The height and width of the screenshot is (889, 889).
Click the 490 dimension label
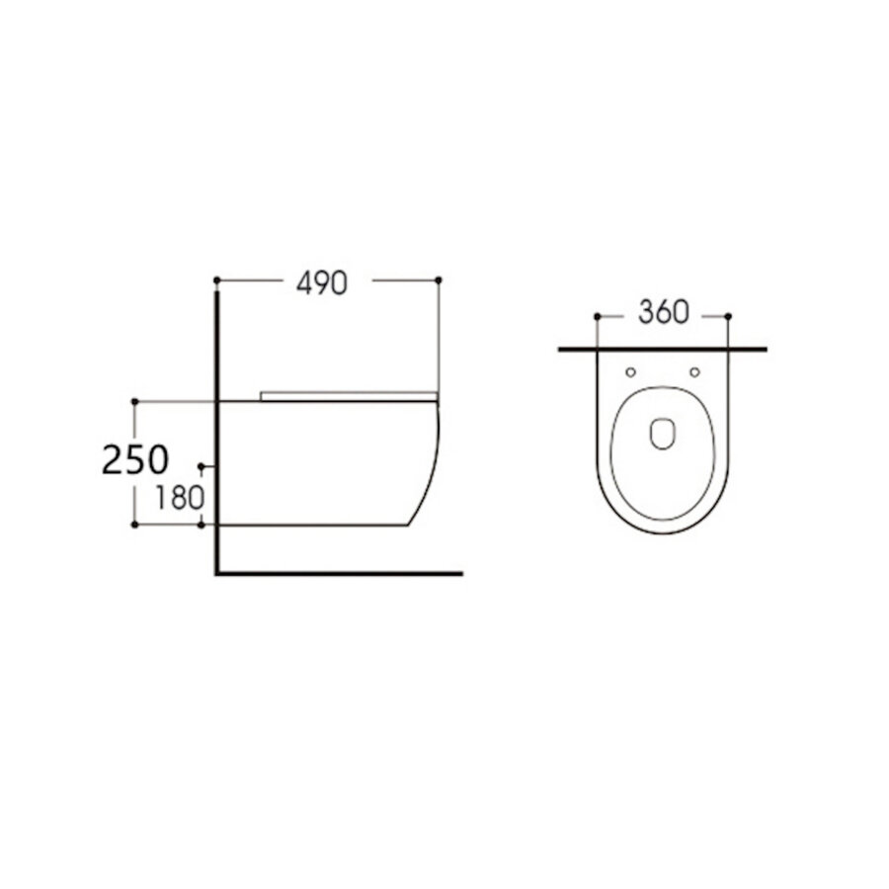(x=322, y=283)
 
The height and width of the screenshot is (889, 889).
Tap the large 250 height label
(x=135, y=460)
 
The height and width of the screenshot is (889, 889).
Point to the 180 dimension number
(x=178, y=498)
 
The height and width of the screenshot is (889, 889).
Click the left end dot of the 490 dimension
(x=216, y=281)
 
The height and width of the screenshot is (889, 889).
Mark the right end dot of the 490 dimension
(x=438, y=281)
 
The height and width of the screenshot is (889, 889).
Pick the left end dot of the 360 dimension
(x=597, y=316)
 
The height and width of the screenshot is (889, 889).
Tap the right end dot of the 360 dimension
(x=728, y=316)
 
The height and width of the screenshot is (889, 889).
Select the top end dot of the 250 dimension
(x=134, y=401)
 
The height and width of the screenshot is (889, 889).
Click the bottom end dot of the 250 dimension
(x=134, y=525)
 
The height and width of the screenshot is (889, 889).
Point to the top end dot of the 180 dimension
(x=202, y=465)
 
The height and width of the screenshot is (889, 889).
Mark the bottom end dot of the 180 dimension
(x=202, y=525)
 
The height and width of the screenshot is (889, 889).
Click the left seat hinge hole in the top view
(x=630, y=372)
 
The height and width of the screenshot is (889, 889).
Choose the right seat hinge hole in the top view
(x=693, y=372)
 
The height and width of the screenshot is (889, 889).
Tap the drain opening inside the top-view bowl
(x=662, y=433)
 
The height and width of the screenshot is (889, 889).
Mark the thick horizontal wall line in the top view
(x=662, y=349)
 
